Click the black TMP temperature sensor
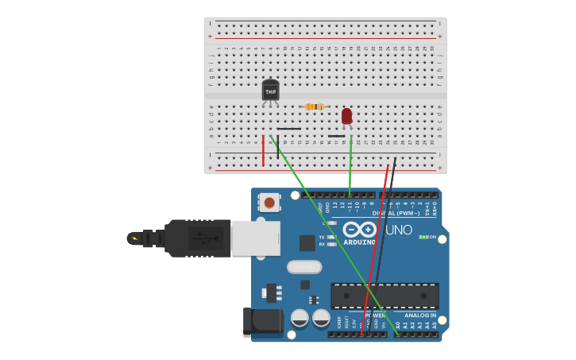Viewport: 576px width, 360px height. (x=270, y=91)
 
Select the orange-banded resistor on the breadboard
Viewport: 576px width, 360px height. (x=314, y=106)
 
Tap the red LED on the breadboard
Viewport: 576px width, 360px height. (x=346, y=117)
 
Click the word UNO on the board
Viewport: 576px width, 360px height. (x=399, y=230)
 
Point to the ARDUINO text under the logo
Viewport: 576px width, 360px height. (x=359, y=242)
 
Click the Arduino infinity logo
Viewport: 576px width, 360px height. (x=359, y=230)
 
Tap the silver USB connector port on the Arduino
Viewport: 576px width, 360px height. (x=255, y=238)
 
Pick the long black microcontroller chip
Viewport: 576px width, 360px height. (x=385, y=296)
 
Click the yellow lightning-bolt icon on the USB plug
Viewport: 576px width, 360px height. (x=134, y=238)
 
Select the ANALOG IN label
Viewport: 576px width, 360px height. (x=420, y=315)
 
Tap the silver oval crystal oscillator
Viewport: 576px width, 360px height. (x=304, y=267)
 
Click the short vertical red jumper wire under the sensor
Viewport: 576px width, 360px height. (x=263, y=150)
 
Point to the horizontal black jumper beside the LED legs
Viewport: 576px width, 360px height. (x=337, y=136)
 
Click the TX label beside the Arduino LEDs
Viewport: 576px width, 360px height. (x=322, y=237)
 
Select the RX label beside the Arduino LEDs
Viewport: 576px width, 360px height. (x=322, y=244)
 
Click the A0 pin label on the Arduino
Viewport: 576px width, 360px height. (x=397, y=324)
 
